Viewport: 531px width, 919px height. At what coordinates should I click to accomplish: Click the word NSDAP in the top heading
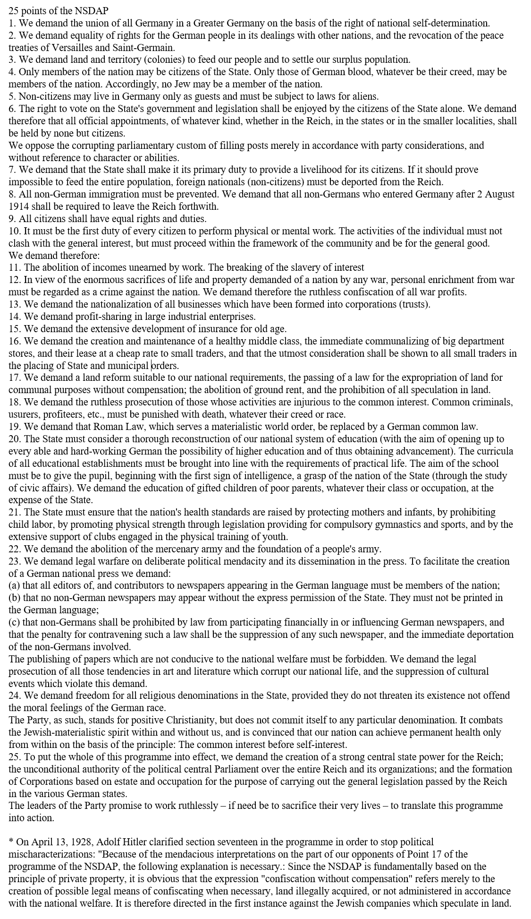coord(92,10)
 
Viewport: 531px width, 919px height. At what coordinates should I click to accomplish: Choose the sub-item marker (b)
coord(14,598)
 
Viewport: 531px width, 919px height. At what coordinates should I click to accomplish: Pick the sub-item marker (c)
coord(14,622)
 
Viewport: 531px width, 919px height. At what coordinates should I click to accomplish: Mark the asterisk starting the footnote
coord(11,842)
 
